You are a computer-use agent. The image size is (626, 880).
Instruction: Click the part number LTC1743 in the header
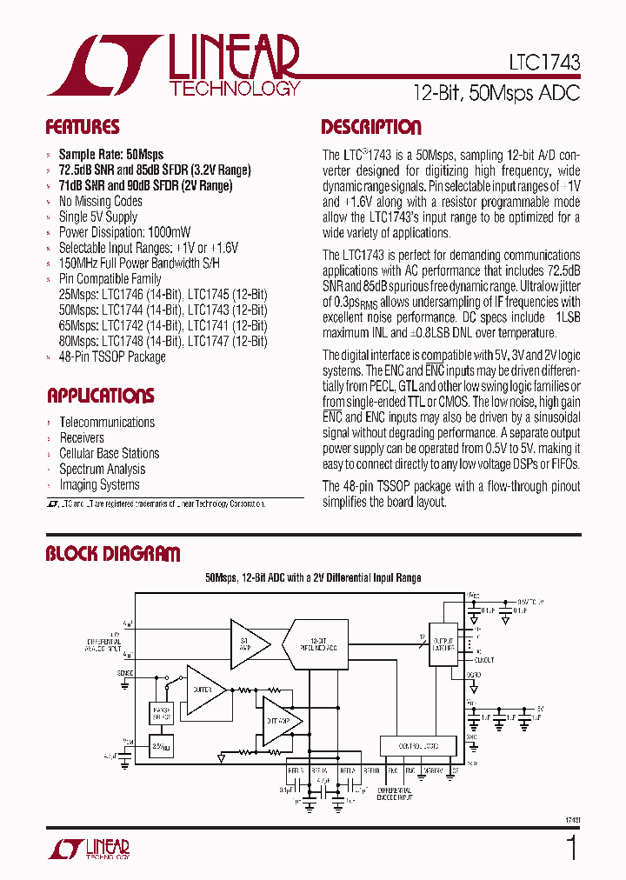pos(544,64)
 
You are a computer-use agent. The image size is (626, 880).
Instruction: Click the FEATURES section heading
pos(82,128)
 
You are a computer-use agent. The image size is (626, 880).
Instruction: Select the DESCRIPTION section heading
pos(370,128)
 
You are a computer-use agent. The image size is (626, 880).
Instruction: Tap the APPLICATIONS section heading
pos(100,397)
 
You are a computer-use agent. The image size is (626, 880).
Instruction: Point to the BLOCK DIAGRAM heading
pos(113,554)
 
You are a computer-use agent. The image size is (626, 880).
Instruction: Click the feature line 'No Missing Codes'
pos(100,201)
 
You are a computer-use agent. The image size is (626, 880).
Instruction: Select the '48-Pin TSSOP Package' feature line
pos(111,357)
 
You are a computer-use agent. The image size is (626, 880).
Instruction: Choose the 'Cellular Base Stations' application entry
pos(109,453)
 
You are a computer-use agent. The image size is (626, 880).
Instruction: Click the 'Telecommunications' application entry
pos(106,422)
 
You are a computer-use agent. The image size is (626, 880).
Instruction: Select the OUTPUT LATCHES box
pos(443,644)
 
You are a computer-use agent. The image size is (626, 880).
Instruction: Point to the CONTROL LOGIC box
pos(418,746)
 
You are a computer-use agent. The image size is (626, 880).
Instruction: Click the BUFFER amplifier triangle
pos(203,690)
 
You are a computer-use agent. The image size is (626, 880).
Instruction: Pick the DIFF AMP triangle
pos(280,720)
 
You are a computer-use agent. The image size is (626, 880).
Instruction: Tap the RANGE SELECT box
pos(162,713)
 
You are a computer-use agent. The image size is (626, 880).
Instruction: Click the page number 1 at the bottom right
pos(571,848)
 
